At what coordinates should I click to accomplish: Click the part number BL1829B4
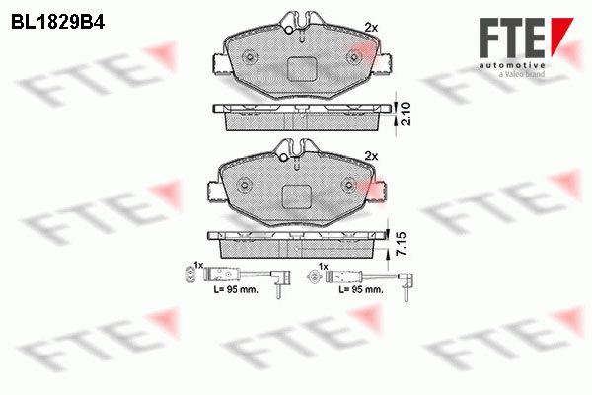tap(58, 23)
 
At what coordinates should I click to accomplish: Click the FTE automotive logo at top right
tap(526, 46)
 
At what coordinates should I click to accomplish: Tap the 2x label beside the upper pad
tap(371, 28)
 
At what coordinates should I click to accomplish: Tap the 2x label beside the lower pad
tap(371, 156)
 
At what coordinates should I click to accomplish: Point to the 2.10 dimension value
tap(406, 114)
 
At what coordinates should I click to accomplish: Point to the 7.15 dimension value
tap(402, 244)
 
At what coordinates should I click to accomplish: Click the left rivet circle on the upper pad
tap(250, 58)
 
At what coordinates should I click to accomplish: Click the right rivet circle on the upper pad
tap(354, 58)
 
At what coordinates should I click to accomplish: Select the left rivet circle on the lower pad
tap(244, 186)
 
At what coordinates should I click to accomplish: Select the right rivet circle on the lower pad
tap(348, 186)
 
